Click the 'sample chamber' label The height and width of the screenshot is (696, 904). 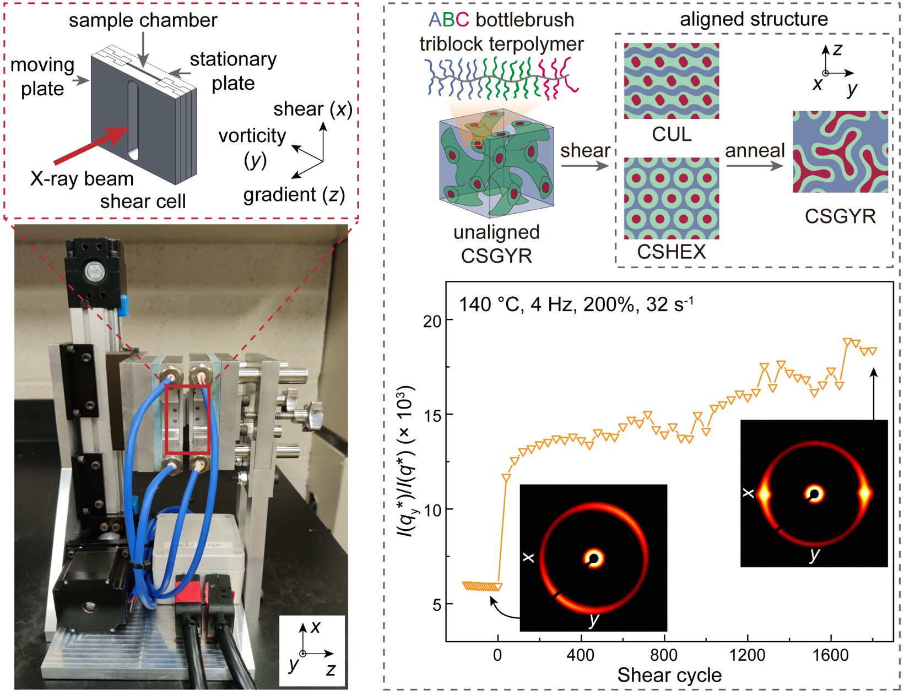click(143, 20)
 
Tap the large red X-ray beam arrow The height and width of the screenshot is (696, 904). click(91, 145)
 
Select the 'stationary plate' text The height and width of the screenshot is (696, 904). click(234, 71)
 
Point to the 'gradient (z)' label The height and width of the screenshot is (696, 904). click(294, 194)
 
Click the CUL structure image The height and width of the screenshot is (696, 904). click(671, 81)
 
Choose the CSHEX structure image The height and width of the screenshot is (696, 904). click(671, 198)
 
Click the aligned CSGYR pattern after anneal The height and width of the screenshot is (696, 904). click(840, 151)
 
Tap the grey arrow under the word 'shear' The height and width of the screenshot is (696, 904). click(584, 166)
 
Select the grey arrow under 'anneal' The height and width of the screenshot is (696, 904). click(754, 166)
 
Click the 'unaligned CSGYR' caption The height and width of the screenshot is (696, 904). click(496, 244)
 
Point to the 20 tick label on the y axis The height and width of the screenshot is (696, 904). click(432, 321)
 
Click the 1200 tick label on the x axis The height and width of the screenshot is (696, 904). click(747, 656)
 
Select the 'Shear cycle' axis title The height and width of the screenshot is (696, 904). click(669, 676)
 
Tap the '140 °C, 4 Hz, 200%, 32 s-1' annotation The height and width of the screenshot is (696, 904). click(576, 304)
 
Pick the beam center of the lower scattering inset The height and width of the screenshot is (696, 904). click(594, 558)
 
